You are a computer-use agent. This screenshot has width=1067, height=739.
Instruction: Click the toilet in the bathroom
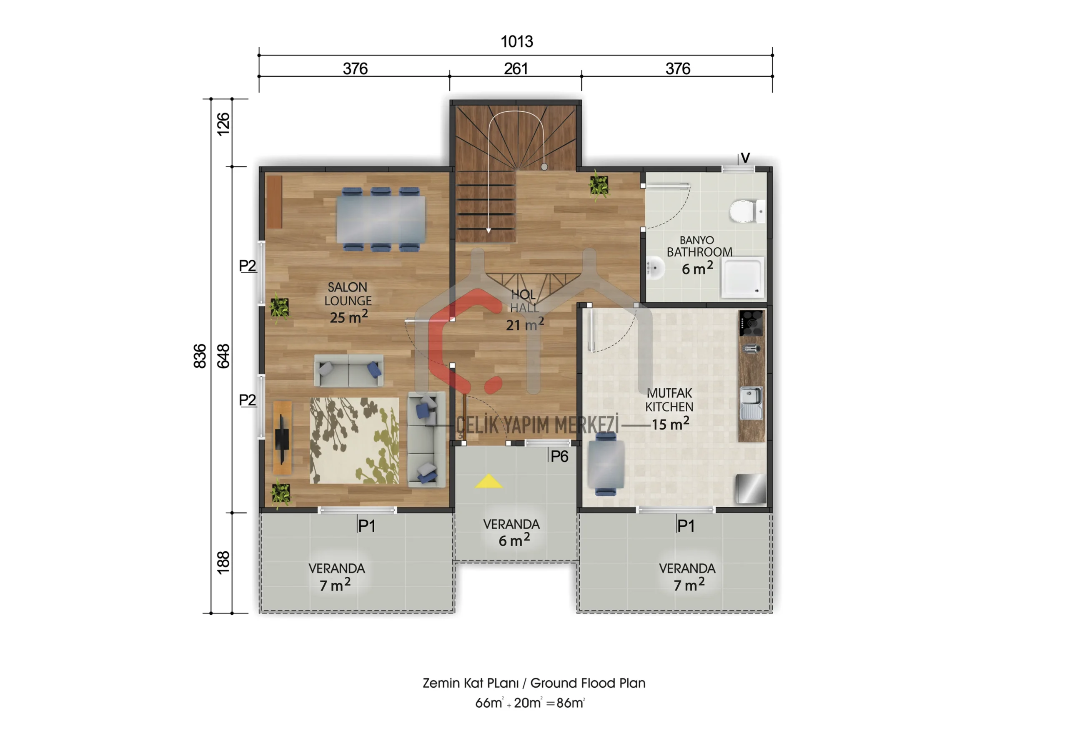point(747,211)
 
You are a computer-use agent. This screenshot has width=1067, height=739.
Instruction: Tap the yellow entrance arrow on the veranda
point(488,482)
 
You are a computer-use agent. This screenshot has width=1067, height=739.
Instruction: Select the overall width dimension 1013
point(517,42)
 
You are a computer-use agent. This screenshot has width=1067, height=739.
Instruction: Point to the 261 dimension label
point(516,68)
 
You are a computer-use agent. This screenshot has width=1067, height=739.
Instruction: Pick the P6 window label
point(559,457)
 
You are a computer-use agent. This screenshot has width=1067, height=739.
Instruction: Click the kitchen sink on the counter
point(751,403)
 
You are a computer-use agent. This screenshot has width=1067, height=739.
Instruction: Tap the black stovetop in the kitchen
point(751,323)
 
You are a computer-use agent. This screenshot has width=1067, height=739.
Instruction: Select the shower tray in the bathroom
point(743,278)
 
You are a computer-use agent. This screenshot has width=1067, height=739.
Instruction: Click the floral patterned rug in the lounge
point(354,441)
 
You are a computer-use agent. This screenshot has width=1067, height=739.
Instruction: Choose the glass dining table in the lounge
point(381,219)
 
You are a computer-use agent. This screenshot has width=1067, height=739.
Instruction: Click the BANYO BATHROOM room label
point(699,246)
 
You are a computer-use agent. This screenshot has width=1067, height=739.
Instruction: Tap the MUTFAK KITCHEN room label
point(669,400)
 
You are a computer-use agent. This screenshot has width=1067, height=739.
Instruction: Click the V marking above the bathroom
point(745,158)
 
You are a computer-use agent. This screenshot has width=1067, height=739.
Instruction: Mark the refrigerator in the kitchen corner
point(751,488)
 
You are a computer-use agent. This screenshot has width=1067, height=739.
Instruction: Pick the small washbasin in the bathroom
point(654,268)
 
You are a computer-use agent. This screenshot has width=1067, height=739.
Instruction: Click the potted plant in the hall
point(599,186)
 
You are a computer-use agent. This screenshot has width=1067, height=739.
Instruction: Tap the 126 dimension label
point(223,124)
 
